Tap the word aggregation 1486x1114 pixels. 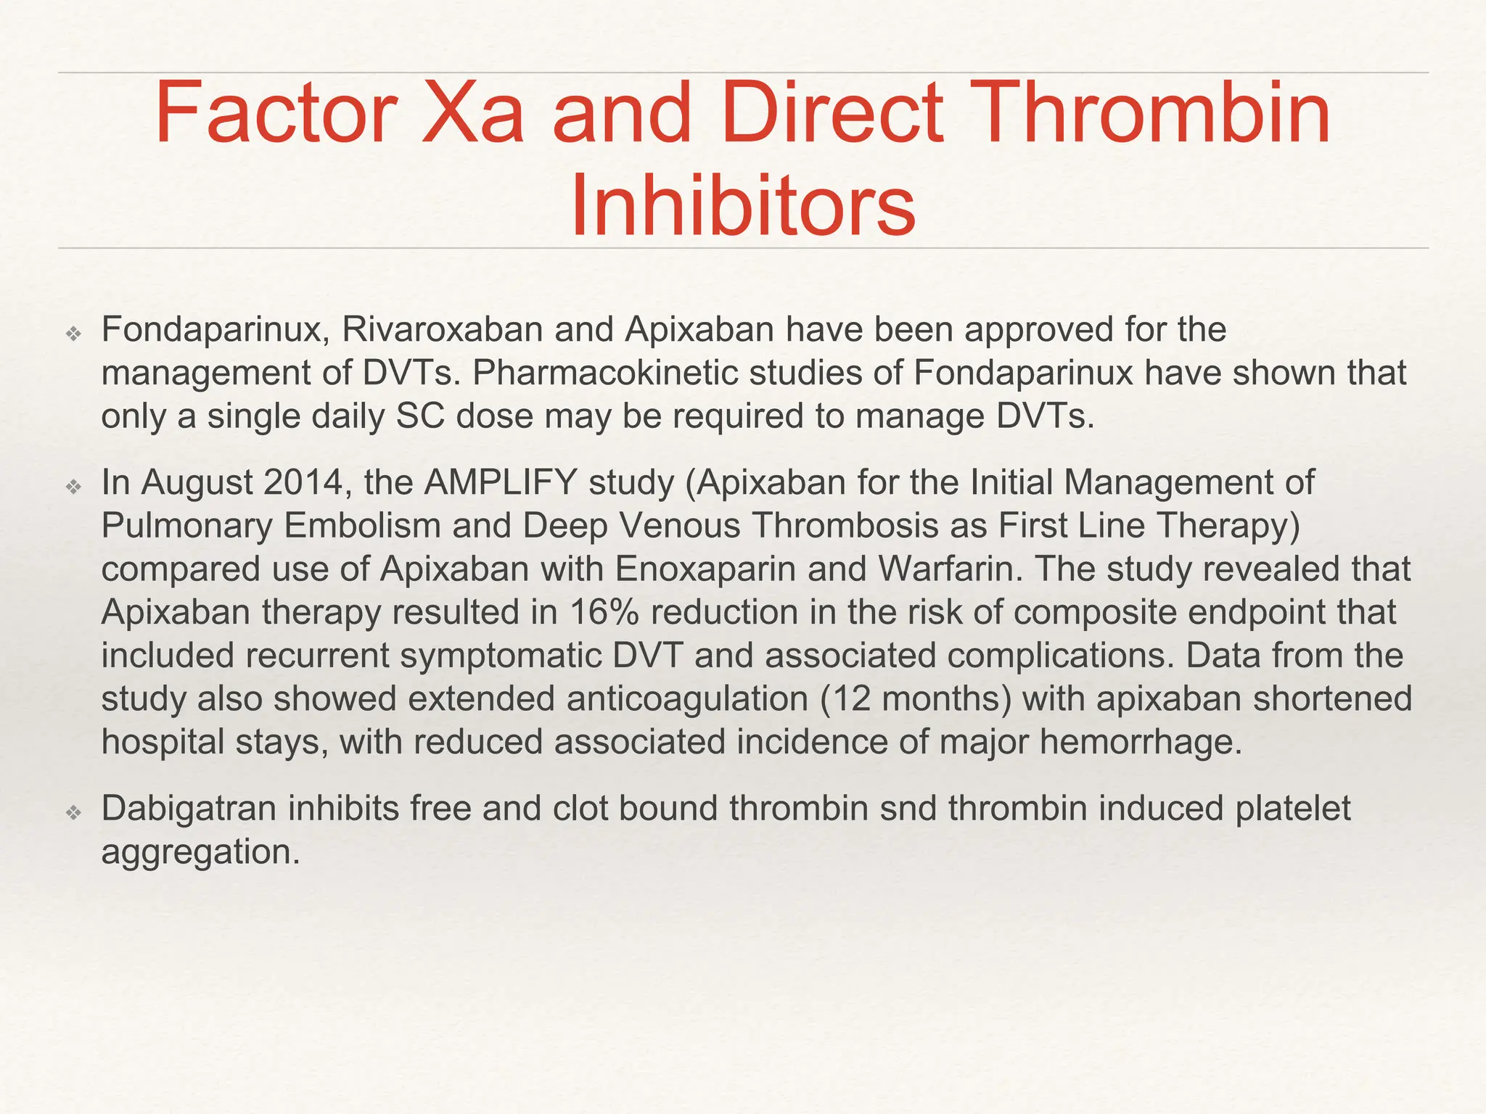(x=200, y=852)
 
